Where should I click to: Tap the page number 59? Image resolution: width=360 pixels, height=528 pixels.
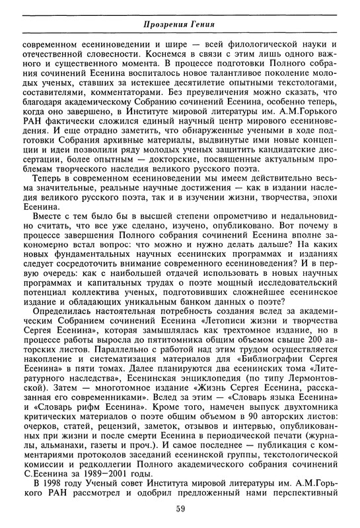(x=180, y=508)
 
